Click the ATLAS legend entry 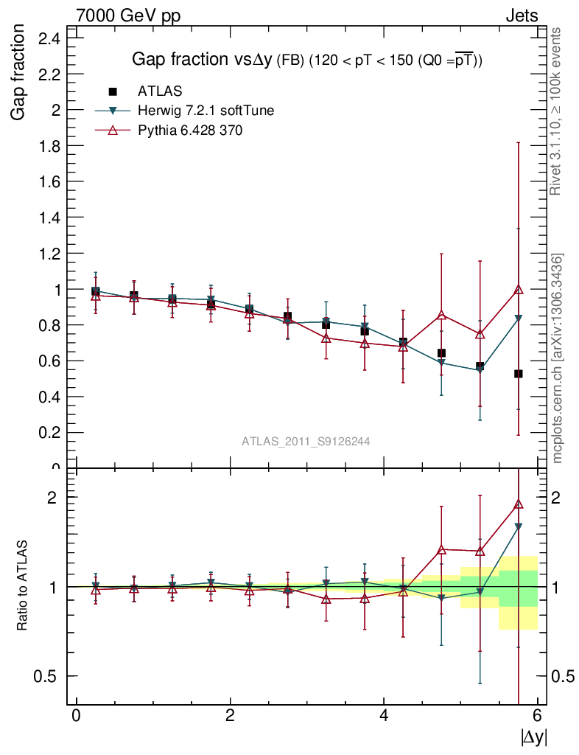161,91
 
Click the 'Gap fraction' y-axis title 20,72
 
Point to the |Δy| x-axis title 534,736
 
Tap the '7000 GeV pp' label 128,15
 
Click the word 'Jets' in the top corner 521,15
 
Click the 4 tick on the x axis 384,716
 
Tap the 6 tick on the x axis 538,716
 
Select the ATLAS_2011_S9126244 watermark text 306,442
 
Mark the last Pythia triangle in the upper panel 519,289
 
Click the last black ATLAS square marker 519,374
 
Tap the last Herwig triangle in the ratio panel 519,527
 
